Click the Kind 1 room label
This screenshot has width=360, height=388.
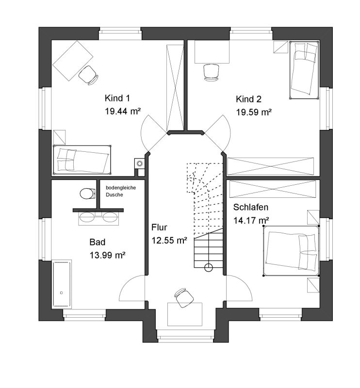(117, 98)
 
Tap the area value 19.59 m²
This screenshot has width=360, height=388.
(254, 113)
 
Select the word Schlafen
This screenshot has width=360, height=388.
(250, 207)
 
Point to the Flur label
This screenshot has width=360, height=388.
(159, 227)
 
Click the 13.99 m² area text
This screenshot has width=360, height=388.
(107, 255)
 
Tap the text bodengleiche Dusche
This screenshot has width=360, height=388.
(121, 191)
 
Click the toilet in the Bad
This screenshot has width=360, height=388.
(88, 194)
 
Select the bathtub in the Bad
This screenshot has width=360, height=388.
(62, 284)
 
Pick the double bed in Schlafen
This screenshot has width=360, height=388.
(291, 251)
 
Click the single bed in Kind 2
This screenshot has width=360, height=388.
(304, 70)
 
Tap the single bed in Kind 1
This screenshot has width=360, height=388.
(82, 160)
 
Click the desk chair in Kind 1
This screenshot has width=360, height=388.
(88, 75)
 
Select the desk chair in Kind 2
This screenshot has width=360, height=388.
(211, 72)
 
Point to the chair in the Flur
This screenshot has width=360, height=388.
(184, 298)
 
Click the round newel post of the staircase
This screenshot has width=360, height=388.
(209, 268)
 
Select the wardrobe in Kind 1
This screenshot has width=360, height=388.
(175, 88)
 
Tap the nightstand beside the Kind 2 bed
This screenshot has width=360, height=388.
(281, 47)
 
